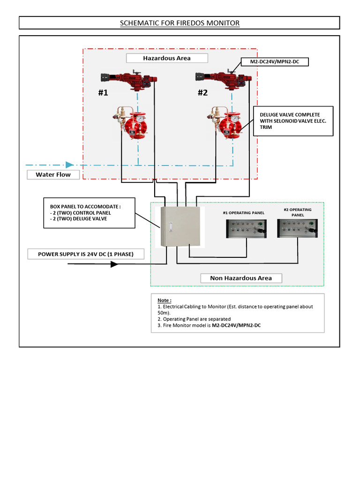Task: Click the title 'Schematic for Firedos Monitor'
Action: coord(180,23)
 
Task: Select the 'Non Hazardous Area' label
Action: coord(241,278)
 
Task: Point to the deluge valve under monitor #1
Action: coord(131,124)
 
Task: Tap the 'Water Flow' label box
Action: coord(53,175)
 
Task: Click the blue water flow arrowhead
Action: coord(69,165)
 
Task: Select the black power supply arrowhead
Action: coord(114,264)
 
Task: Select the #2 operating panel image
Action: coord(298,229)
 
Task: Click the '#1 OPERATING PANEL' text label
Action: coord(243,213)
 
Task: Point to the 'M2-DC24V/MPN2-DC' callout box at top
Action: coord(274,62)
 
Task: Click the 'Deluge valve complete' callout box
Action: coord(293,121)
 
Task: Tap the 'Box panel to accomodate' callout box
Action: coord(90,212)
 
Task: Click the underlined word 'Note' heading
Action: coord(165,300)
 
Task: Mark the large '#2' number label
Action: coord(202,93)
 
